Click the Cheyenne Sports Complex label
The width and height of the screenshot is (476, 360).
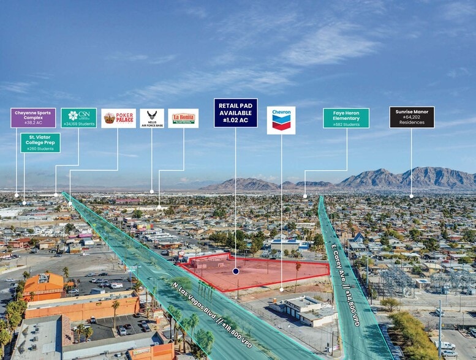click(x=33, y=118)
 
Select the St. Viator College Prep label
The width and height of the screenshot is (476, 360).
click(x=40, y=143)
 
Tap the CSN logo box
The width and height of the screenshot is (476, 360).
click(x=78, y=118)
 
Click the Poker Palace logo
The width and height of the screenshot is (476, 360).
click(x=118, y=118)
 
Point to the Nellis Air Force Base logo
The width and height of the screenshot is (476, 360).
click(x=152, y=118)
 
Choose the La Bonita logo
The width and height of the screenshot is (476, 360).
click(x=183, y=118)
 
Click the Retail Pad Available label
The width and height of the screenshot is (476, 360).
click(x=235, y=113)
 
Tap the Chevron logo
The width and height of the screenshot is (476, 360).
click(x=281, y=120)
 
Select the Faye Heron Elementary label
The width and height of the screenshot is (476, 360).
click(x=346, y=118)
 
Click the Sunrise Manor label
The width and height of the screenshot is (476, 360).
click(x=412, y=117)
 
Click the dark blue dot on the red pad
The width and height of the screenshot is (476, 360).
click(x=236, y=271)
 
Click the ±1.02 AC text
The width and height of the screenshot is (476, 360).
click(x=235, y=121)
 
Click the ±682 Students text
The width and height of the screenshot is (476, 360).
click(x=346, y=124)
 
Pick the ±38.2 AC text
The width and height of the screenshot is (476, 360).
click(x=33, y=122)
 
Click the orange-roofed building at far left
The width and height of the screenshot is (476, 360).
click(x=43, y=285)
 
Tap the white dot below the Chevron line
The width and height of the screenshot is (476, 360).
click(x=281, y=290)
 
